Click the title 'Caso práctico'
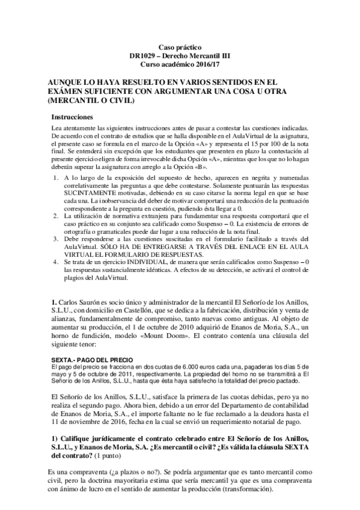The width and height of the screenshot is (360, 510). coord(180,46)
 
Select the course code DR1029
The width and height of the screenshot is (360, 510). coord(144,55)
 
